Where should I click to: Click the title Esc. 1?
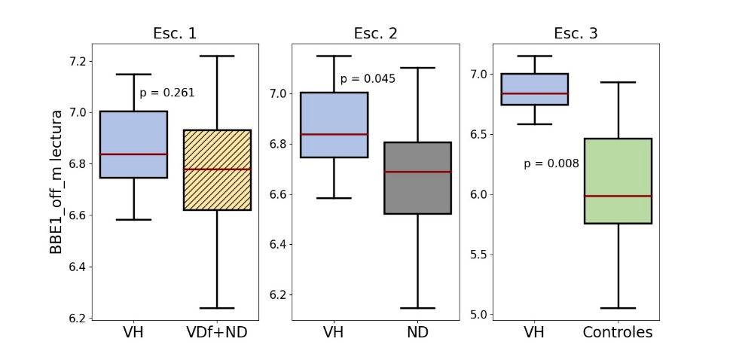[176, 34]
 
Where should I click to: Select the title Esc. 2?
[375, 34]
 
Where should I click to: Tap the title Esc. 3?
[576, 34]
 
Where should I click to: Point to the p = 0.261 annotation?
[167, 93]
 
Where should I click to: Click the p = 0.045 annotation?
[368, 78]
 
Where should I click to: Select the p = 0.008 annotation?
[551, 163]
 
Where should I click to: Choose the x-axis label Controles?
[618, 332]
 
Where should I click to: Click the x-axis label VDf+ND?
[217, 332]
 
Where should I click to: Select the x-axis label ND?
[417, 332]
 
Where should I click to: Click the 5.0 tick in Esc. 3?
[480, 314]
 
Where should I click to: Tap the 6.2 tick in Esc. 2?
[279, 294]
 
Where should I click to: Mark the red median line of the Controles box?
[618, 196]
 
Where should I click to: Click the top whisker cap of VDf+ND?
[217, 56]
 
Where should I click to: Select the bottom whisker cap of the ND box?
[417, 308]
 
